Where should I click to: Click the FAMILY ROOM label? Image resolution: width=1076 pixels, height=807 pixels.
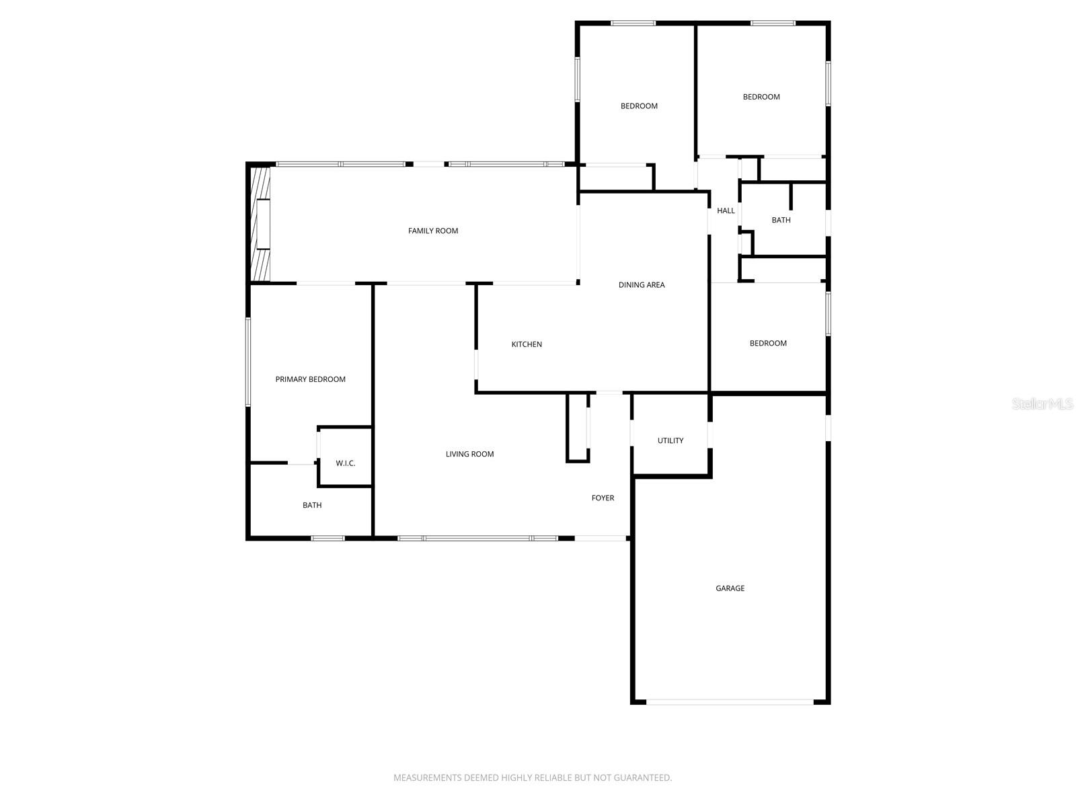pyautogui.click(x=432, y=231)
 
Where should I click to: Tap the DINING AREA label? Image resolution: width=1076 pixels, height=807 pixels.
pyautogui.click(x=641, y=285)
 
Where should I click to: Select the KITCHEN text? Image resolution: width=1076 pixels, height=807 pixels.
pyautogui.click(x=527, y=344)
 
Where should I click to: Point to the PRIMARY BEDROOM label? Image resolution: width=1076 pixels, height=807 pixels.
pyautogui.click(x=310, y=379)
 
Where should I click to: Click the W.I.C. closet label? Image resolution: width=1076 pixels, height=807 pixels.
pyautogui.click(x=345, y=463)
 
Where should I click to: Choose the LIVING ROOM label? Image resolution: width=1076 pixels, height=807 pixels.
pyautogui.click(x=469, y=454)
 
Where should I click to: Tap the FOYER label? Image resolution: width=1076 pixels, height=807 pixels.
pyautogui.click(x=603, y=498)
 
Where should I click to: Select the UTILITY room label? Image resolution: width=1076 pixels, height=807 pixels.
pyautogui.click(x=670, y=440)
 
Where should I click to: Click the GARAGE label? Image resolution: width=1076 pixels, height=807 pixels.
pyautogui.click(x=730, y=588)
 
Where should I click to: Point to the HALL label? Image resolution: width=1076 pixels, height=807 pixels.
pyautogui.click(x=726, y=210)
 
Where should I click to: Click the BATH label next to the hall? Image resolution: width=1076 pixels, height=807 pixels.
pyautogui.click(x=781, y=220)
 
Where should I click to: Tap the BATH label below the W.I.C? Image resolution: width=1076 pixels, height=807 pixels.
pyautogui.click(x=311, y=505)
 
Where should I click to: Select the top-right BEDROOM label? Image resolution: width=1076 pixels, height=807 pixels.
pyautogui.click(x=761, y=97)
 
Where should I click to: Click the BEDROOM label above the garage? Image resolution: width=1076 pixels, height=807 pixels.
pyautogui.click(x=768, y=343)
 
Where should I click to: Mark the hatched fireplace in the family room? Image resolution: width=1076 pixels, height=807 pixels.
pyautogui.click(x=260, y=224)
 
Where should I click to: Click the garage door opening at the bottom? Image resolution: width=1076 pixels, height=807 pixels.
pyautogui.click(x=730, y=701)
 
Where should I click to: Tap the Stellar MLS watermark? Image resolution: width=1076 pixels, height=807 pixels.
pyautogui.click(x=1042, y=403)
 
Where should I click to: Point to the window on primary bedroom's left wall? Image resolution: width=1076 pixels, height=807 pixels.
pyautogui.click(x=247, y=362)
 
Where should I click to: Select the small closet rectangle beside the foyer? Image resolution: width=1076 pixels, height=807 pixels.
pyautogui.click(x=578, y=428)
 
